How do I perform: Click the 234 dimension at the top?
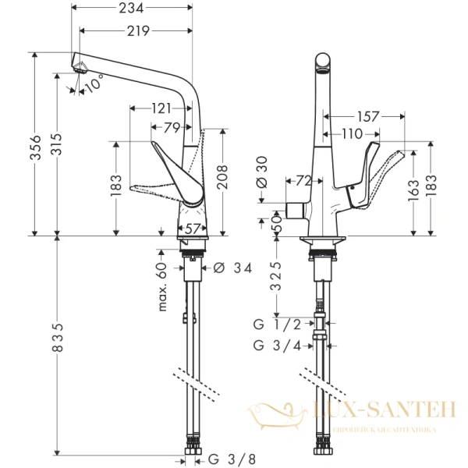132,11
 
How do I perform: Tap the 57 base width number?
191,229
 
